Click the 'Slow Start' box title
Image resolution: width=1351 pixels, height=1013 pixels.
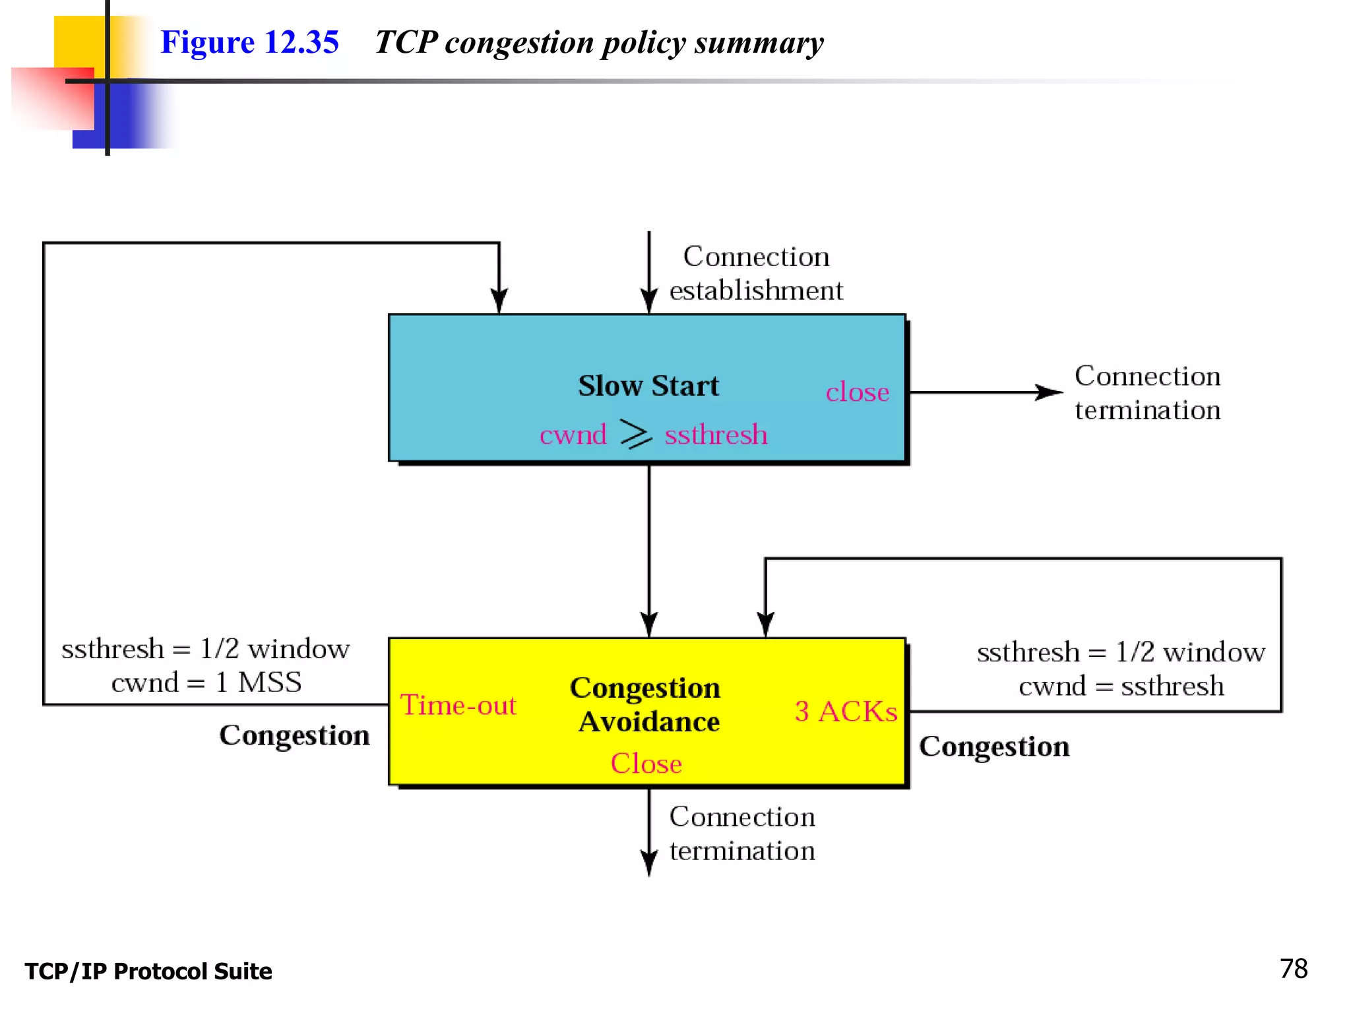pyautogui.click(x=648, y=386)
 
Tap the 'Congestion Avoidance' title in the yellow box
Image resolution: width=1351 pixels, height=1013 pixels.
pyautogui.click(x=646, y=704)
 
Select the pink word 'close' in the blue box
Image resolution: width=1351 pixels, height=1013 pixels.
pyautogui.click(x=857, y=392)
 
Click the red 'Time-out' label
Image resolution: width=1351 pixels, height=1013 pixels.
pyautogui.click(x=458, y=705)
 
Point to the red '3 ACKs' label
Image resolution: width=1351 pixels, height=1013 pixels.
pyautogui.click(x=846, y=711)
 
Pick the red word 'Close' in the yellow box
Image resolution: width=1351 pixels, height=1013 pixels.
pyautogui.click(x=646, y=763)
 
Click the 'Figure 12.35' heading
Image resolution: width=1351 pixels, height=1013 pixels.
pyautogui.click(x=249, y=42)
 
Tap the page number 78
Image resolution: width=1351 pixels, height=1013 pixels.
pyautogui.click(x=1293, y=969)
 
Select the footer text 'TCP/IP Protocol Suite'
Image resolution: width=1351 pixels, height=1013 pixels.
pyautogui.click(x=148, y=971)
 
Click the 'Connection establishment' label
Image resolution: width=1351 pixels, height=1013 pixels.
pyautogui.click(x=756, y=273)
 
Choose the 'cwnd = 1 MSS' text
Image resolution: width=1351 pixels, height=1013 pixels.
pyautogui.click(x=206, y=682)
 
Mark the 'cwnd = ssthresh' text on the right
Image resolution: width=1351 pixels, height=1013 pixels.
pyautogui.click(x=1121, y=686)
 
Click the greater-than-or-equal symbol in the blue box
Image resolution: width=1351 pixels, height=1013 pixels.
pyautogui.click(x=636, y=434)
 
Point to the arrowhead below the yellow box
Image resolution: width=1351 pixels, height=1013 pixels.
pyautogui.click(x=649, y=863)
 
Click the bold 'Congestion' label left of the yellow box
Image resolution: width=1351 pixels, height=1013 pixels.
pyautogui.click(x=294, y=735)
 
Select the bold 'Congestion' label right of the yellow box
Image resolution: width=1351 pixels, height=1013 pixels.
pyautogui.click(x=994, y=747)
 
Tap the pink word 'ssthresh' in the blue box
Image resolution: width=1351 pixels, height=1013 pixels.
pyautogui.click(x=716, y=435)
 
